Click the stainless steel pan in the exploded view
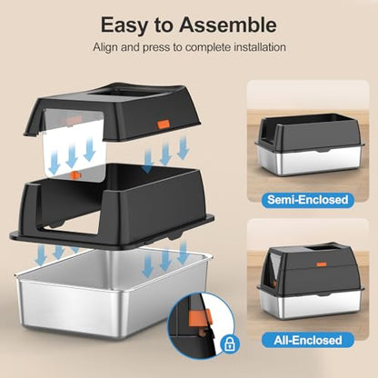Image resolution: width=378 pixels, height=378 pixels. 118,300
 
